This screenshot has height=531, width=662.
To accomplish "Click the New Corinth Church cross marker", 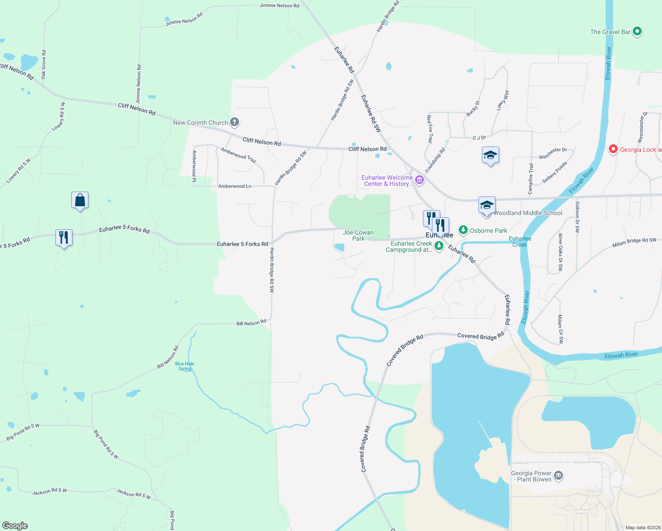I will [x=235, y=122].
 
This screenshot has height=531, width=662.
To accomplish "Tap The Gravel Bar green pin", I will [x=637, y=31].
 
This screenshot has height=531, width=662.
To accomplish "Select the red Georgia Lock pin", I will [x=613, y=149].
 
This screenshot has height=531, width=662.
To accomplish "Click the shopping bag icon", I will [x=80, y=200].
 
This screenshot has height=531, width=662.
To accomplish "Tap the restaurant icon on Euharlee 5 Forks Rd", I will [x=64, y=238].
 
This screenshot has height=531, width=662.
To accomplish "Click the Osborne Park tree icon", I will [x=463, y=230].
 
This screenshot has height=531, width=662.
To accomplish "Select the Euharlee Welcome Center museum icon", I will [x=420, y=180].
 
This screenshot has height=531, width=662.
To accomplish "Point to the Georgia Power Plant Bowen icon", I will [x=558, y=476].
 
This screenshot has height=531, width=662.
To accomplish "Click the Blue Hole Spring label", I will [x=185, y=366].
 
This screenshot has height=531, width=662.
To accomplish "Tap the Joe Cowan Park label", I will [x=358, y=235].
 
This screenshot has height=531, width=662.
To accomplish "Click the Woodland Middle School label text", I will [x=527, y=213].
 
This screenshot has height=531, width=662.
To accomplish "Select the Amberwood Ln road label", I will [x=235, y=186].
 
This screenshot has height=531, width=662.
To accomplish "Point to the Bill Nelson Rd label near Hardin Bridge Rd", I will [x=251, y=323].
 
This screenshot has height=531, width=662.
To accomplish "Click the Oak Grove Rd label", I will [x=44, y=65].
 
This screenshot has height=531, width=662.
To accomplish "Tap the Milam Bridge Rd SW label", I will [x=634, y=243].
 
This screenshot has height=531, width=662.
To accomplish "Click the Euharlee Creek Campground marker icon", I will [x=439, y=246].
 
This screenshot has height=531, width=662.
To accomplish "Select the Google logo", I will [x=15, y=525].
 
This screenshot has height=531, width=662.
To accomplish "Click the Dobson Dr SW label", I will [x=577, y=217].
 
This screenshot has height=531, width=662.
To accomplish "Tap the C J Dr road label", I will [x=479, y=138].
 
